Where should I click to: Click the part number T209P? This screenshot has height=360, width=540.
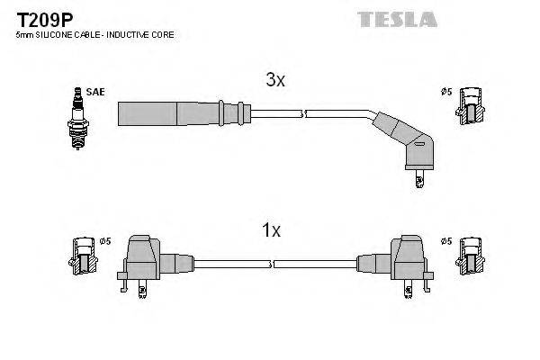(41, 17)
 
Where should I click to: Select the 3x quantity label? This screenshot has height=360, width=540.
(275, 81)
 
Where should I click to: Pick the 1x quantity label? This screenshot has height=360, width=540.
(271, 230)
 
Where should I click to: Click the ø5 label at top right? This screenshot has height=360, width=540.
(445, 92)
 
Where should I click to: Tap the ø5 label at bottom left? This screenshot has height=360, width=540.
(105, 241)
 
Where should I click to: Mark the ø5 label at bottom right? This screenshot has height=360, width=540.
(445, 241)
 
